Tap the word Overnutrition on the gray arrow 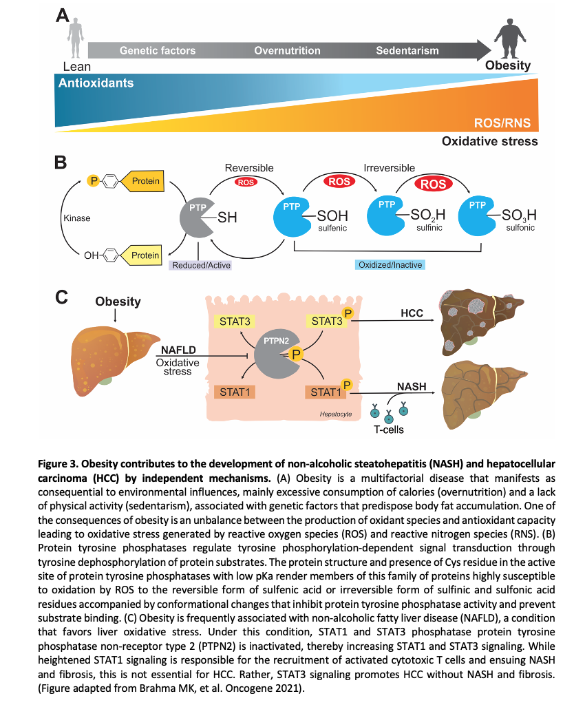287,50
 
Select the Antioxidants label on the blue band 96,83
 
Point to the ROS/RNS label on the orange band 502,123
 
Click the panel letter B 61,162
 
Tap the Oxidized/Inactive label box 390,264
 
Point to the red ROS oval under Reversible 246,182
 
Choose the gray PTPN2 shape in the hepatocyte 274,355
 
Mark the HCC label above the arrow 411,313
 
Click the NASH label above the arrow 412,387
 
